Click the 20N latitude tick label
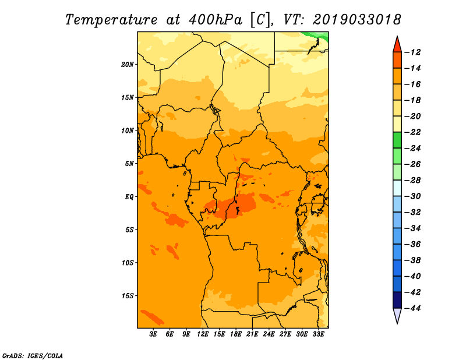(x=127, y=65)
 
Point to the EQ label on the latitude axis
(x=129, y=197)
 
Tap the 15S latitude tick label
(x=128, y=296)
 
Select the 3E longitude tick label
(x=153, y=334)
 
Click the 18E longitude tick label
(x=236, y=334)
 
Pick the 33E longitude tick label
(x=318, y=334)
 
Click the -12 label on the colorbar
(x=414, y=52)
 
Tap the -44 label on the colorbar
(x=414, y=308)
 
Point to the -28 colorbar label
(x=414, y=180)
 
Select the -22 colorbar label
(x=414, y=132)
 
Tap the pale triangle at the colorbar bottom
(x=397, y=315)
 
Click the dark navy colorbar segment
(x=397, y=300)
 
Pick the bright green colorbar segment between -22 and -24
(x=397, y=140)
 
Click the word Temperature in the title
(x=111, y=20)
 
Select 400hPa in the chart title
(x=216, y=20)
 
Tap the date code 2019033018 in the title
(x=356, y=20)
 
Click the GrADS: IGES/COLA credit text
(x=33, y=355)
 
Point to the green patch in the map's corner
(x=318, y=37)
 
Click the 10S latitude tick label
(x=128, y=263)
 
